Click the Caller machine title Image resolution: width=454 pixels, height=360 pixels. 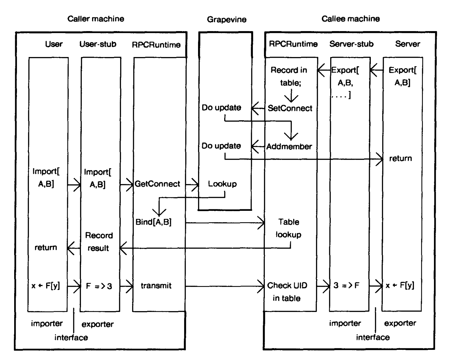tap(96, 19)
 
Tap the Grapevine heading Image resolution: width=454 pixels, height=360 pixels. tap(227, 20)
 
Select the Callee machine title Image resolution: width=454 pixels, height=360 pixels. tap(351, 19)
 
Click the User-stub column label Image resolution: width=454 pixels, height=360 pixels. tap(98, 44)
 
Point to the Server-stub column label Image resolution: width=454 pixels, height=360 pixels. tap(351, 44)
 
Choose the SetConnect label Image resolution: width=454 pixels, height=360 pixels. tap(290, 108)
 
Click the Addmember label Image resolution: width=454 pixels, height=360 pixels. tap(289, 147)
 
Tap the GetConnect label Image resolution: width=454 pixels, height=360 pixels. tap(157, 184)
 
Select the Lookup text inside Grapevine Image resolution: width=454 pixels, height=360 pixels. tap(222, 184)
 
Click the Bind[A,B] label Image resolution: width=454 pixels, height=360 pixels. tap(153, 222)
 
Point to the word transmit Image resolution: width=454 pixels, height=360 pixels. tap(156, 286)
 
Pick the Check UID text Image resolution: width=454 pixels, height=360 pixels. tap(287, 286)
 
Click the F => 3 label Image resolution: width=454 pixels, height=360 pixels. tap(99, 286)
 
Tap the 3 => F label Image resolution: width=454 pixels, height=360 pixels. tap(347, 286)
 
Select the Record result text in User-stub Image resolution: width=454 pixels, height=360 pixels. tap(99, 242)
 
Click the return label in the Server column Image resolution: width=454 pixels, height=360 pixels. tap(400, 159)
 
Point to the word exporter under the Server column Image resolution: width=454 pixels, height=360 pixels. tap(400, 323)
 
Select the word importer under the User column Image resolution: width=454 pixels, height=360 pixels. tap(47, 324)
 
